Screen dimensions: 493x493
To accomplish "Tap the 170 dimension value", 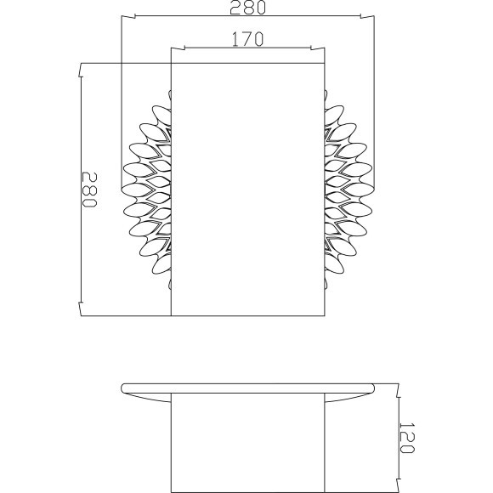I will click(246, 39).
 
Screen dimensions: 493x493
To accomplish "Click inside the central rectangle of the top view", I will click(247, 187).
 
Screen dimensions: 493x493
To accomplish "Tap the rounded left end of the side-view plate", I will click(125, 388).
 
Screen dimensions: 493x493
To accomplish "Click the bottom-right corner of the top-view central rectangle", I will click(324, 314).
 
